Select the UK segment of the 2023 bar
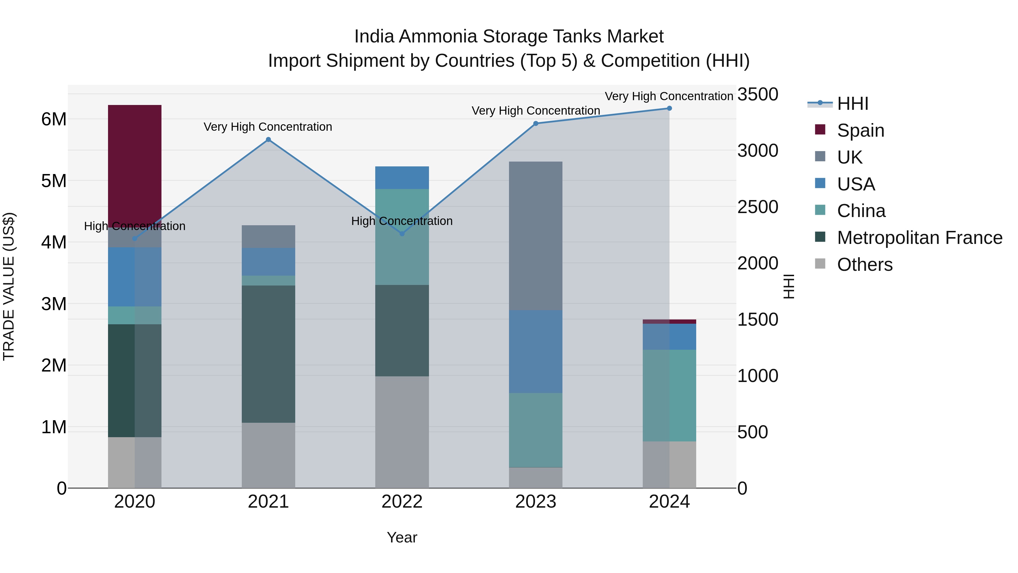tap(536, 236)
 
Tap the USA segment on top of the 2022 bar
tap(402, 177)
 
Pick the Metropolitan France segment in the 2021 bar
tap(268, 354)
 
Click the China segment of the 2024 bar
tap(669, 396)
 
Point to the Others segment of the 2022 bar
tap(402, 432)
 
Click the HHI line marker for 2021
tap(268, 140)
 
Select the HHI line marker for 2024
tap(669, 108)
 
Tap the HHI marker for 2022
tap(402, 234)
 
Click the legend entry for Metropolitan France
tap(919, 238)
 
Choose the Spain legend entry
tap(860, 130)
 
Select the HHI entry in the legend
tap(852, 104)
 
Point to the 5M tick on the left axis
tap(54, 181)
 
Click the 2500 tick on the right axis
tap(758, 207)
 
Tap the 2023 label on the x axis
tap(536, 502)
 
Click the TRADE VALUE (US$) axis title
tap(9, 286)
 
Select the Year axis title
tap(402, 537)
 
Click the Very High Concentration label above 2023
tap(536, 111)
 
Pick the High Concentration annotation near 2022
tap(402, 221)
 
